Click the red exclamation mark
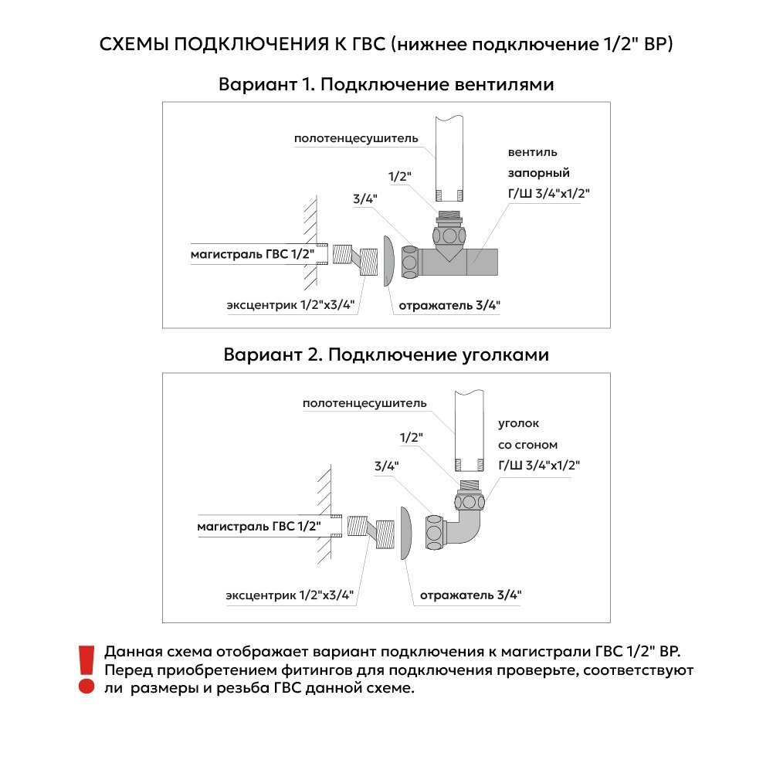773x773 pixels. point(86,669)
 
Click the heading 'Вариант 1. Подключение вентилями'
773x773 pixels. point(386,84)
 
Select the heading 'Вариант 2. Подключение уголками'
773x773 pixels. point(386,354)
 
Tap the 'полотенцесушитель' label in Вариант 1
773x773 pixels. point(356,139)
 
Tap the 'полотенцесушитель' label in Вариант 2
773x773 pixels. point(364,403)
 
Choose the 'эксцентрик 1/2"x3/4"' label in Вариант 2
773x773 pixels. point(290,596)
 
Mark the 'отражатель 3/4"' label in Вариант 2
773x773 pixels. point(470,595)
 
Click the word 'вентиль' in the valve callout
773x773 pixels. point(532,151)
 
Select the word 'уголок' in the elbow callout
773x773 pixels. point(520,424)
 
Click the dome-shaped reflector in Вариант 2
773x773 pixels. point(406,533)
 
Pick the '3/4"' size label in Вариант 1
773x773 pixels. point(364,199)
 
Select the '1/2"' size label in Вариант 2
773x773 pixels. point(412,438)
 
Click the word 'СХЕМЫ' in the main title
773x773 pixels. point(134,44)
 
